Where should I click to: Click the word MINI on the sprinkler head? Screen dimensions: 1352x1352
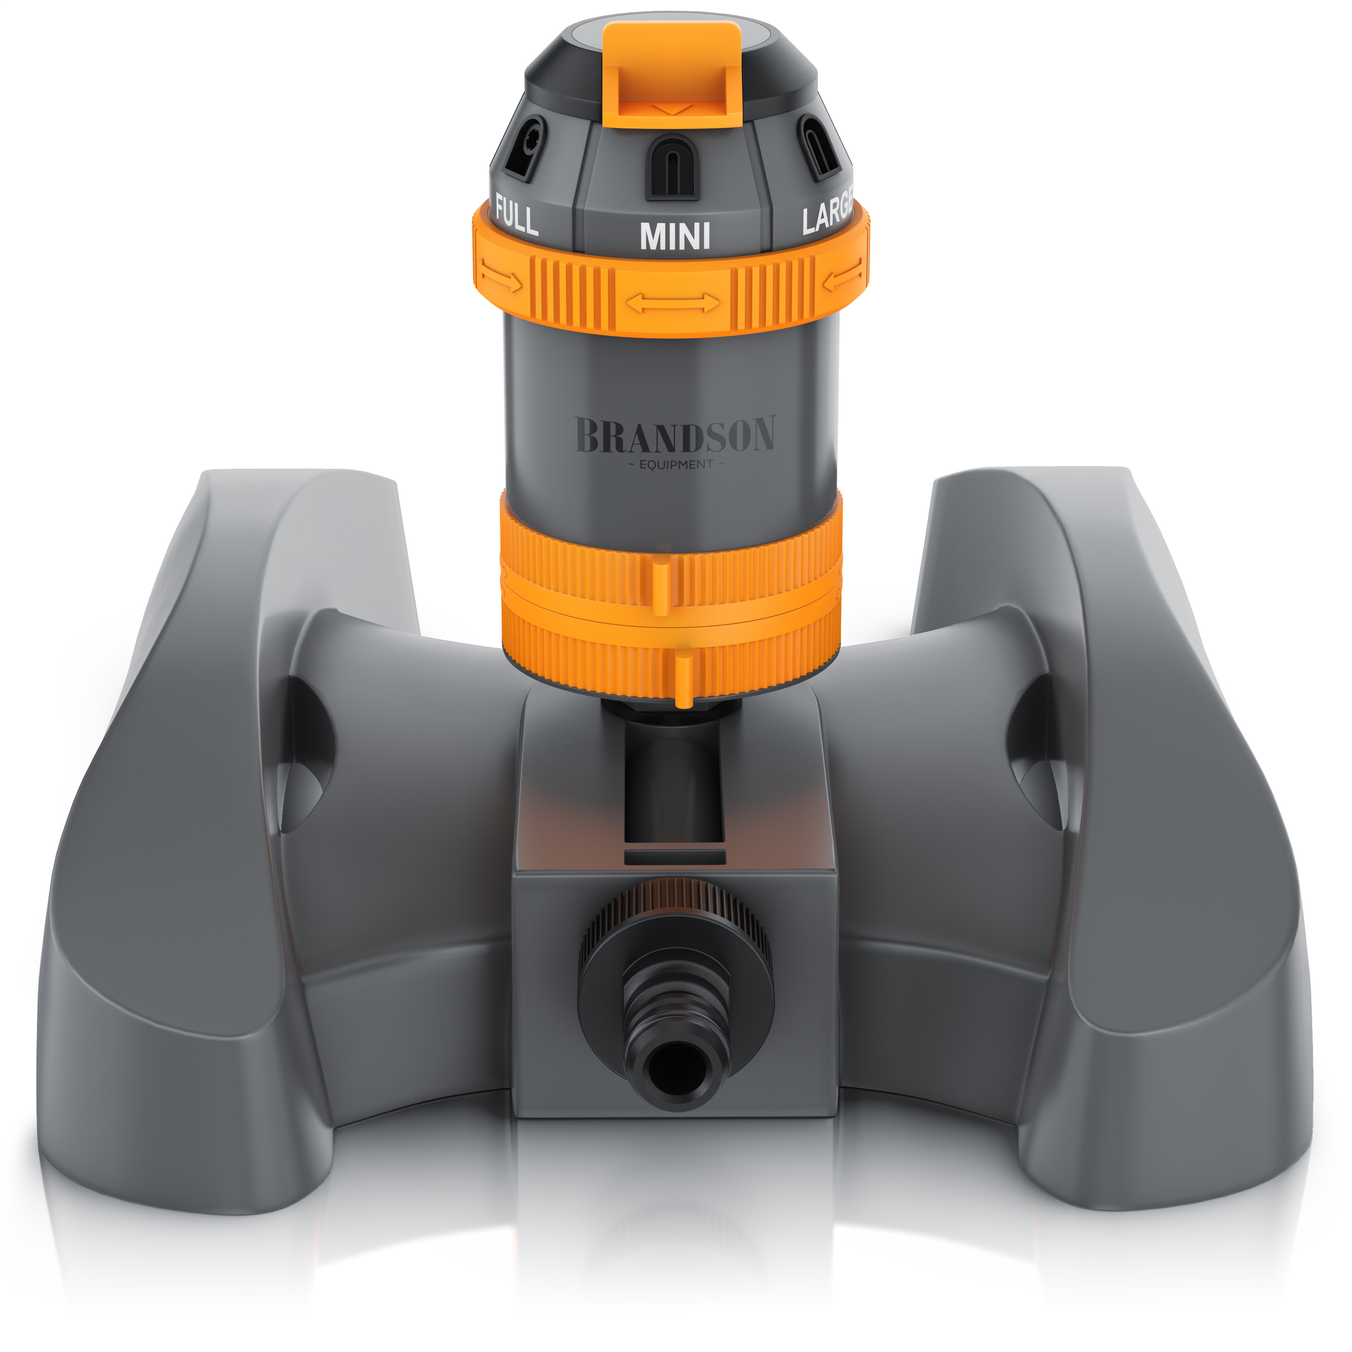[x=675, y=237]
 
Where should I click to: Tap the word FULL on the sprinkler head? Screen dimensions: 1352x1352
[x=516, y=215]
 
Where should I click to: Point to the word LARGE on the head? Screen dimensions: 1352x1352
[x=828, y=210]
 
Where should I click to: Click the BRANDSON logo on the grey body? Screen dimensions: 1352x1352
[x=675, y=434]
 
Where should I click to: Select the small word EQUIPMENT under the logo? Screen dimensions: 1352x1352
[x=676, y=465]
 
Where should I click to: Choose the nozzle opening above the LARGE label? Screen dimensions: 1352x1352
[x=819, y=146]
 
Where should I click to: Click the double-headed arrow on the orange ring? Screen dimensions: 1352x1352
[x=672, y=303]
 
